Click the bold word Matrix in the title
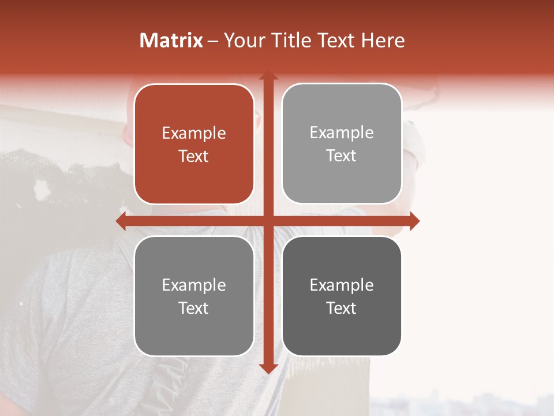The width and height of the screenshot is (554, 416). [171, 40]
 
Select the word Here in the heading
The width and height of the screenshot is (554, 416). [383, 40]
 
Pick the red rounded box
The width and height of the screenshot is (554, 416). [194, 144]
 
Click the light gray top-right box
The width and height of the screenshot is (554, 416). [342, 143]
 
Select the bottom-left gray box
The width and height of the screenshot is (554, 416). [194, 296]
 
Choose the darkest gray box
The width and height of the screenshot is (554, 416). [342, 296]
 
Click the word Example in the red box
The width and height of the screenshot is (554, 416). [194, 133]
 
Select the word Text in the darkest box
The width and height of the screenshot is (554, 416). [342, 308]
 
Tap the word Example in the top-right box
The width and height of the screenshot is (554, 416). [342, 133]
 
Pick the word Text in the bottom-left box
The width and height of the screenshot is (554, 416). [194, 308]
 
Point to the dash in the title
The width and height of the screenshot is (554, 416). [213, 41]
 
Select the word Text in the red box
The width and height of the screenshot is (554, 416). [194, 156]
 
